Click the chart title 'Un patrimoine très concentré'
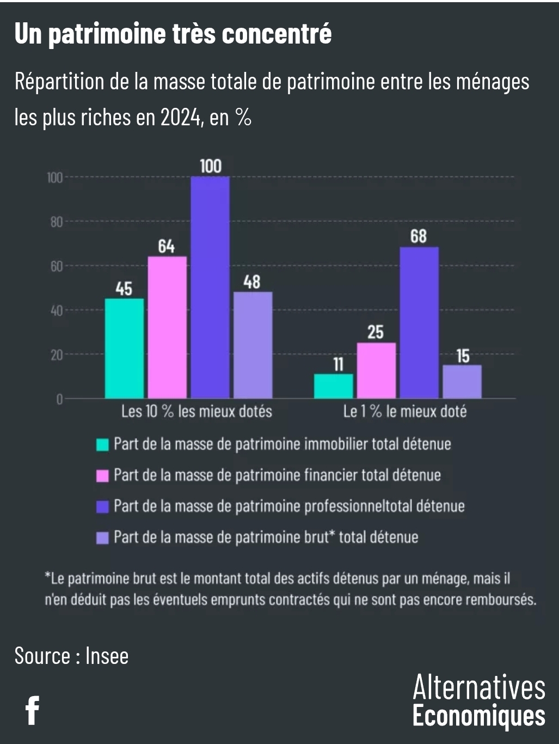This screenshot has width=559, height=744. tap(173, 34)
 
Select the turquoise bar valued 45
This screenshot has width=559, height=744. tap(124, 349)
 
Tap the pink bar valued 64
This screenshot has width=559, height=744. tap(167, 327)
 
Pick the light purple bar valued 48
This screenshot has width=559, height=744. tap(253, 345)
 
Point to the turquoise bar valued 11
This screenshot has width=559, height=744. tap(333, 386)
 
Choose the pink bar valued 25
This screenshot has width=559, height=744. tap(376, 370)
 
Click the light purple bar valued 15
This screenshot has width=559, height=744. tap(462, 382)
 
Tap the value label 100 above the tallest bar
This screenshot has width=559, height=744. tap(211, 166)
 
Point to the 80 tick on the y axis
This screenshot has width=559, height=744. tap(57, 222)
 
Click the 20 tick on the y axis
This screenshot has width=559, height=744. tap(57, 355)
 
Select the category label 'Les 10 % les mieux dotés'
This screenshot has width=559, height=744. tap(196, 411)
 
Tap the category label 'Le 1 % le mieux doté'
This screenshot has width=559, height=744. tap(404, 411)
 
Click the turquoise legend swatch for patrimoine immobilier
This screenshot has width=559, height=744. tap(102, 444)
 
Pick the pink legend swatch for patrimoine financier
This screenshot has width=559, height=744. tap(102, 475)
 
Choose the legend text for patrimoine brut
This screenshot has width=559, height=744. tap(266, 538)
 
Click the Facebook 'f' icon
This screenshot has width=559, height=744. tap(33, 710)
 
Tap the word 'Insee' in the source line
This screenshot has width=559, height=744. tap(107, 656)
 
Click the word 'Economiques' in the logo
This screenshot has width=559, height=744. tap(478, 716)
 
